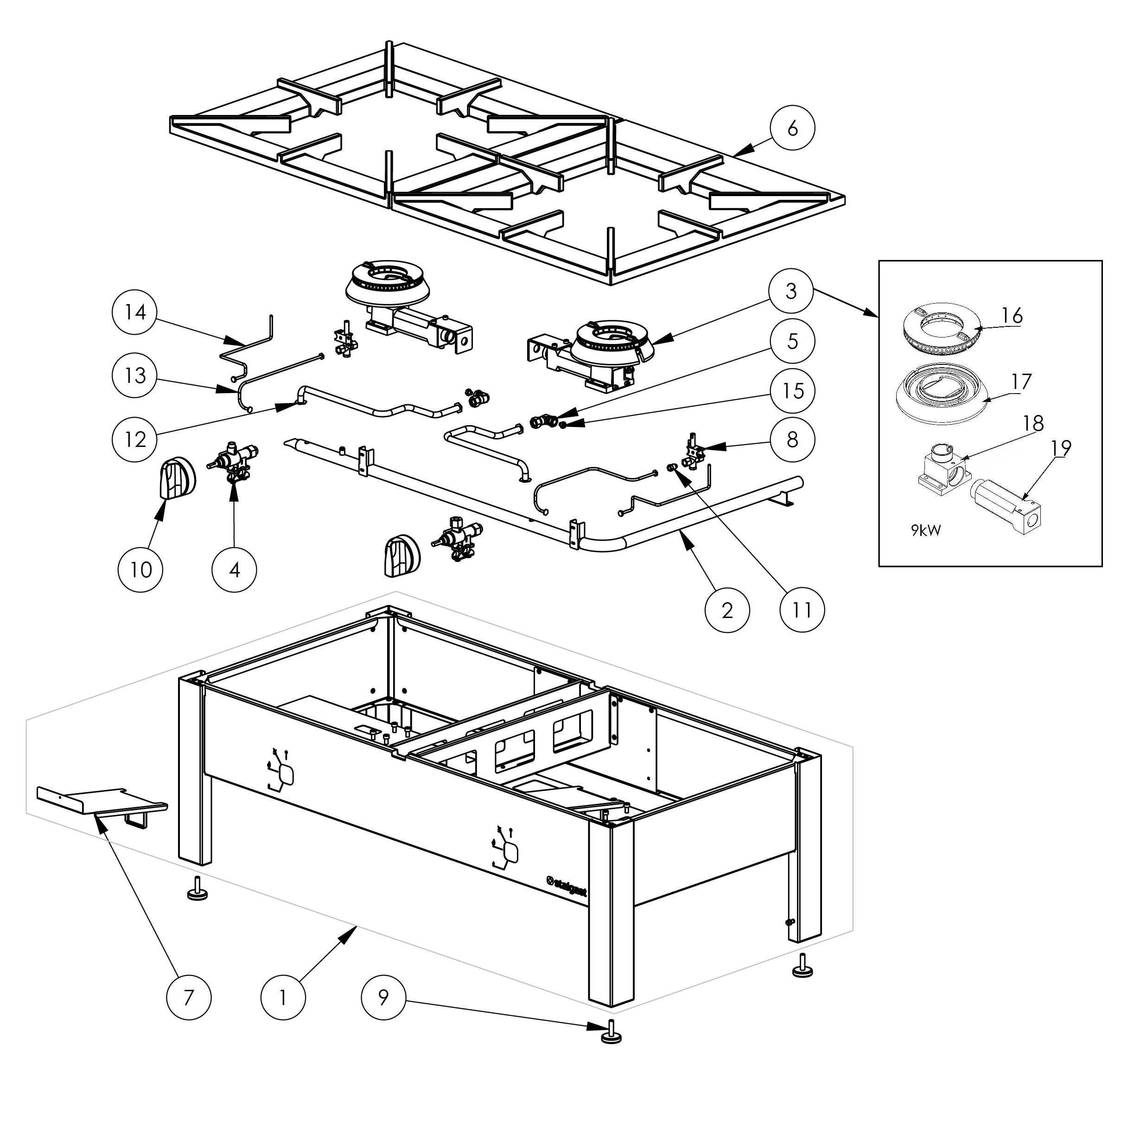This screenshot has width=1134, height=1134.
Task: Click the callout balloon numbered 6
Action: pyautogui.click(x=792, y=128)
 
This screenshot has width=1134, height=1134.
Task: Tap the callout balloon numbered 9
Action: pyautogui.click(x=383, y=997)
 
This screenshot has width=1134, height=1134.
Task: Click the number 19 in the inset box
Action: pyautogui.click(x=1061, y=448)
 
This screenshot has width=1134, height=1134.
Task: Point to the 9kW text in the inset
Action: pyautogui.click(x=926, y=531)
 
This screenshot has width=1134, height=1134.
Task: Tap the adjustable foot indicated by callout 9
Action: pyautogui.click(x=612, y=1049)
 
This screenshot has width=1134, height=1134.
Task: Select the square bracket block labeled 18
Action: pyautogui.click(x=943, y=470)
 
